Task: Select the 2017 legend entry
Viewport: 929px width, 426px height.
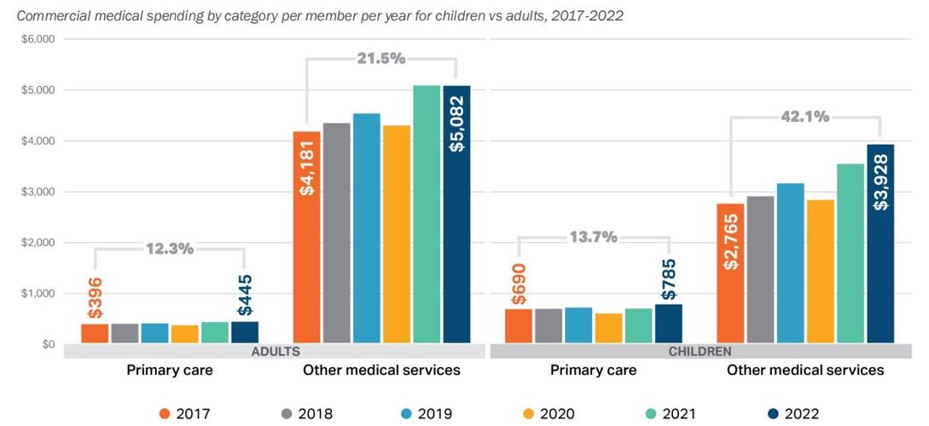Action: coord(185,414)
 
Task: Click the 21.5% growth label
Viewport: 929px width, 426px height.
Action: coord(380,58)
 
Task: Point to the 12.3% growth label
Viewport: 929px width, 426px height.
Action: coord(170,249)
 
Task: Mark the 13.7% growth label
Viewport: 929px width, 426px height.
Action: coord(593,238)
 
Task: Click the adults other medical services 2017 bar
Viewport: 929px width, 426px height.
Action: coord(306,238)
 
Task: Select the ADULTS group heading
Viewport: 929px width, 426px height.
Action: coord(276,351)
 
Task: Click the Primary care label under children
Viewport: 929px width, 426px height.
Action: coord(593,371)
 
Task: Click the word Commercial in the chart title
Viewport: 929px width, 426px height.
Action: coord(52,16)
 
